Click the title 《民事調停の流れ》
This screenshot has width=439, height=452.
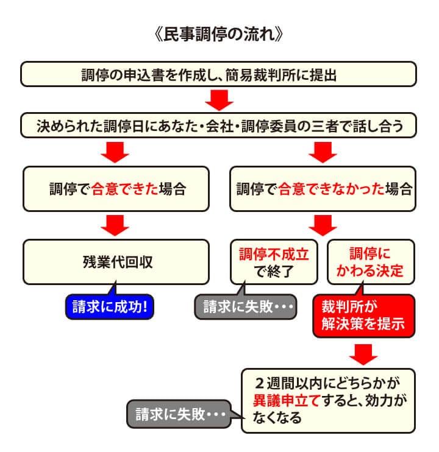point(219,34)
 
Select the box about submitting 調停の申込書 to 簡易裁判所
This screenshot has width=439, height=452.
point(219,74)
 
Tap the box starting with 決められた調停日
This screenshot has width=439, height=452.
point(219,126)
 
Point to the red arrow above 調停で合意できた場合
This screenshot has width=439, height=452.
point(117,152)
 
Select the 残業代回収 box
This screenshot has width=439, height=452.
point(117,262)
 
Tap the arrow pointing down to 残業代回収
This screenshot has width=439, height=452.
point(117,225)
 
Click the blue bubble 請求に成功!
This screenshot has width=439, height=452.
point(110,306)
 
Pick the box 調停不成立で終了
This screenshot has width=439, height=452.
point(274,262)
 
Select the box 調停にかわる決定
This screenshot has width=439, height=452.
point(371,262)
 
